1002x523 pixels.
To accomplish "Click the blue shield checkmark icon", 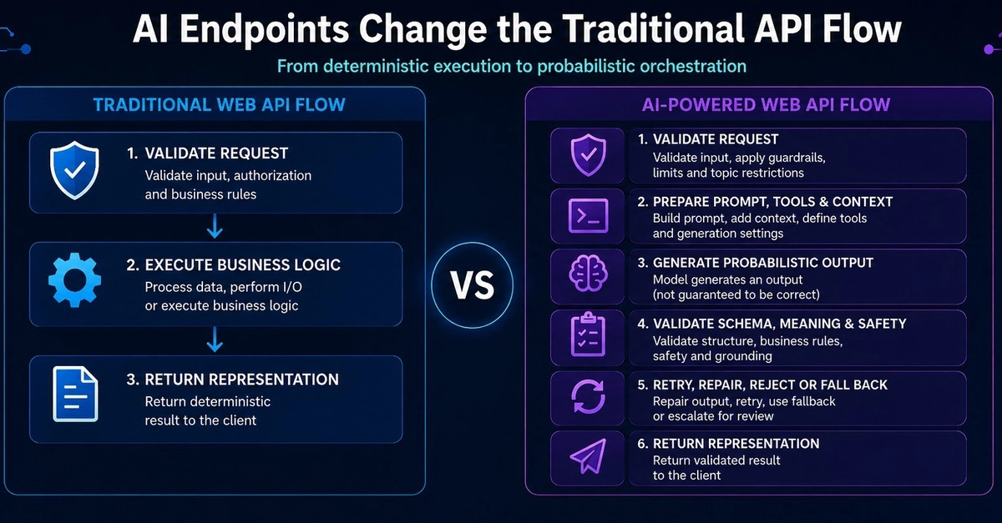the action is click(x=74, y=170).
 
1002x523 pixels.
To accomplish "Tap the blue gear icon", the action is click(x=74, y=280).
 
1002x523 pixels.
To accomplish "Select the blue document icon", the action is click(x=75, y=394).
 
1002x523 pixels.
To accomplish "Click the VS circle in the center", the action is click(x=473, y=285).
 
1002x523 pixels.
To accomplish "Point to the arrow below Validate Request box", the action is click(x=215, y=226).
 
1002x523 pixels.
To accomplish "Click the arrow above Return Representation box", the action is click(x=215, y=339).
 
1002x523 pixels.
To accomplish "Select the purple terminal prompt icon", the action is click(x=588, y=216).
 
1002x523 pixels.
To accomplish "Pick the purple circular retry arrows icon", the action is click(x=588, y=396).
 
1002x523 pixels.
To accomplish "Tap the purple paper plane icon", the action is click(x=588, y=455).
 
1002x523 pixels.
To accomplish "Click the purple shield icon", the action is click(x=588, y=155).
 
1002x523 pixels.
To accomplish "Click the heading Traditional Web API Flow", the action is click(x=219, y=104).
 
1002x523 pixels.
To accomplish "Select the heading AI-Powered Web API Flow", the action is click(x=766, y=104).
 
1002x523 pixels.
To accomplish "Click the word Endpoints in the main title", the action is click(x=264, y=29).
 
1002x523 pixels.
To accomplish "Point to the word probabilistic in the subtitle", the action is click(x=585, y=67).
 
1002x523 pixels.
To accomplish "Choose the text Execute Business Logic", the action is click(x=242, y=265).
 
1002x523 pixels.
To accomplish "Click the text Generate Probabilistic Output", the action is click(x=762, y=263).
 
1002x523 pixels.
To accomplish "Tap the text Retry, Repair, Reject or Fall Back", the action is click(x=770, y=385).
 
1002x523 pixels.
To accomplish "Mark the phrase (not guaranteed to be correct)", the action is click(x=736, y=294).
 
